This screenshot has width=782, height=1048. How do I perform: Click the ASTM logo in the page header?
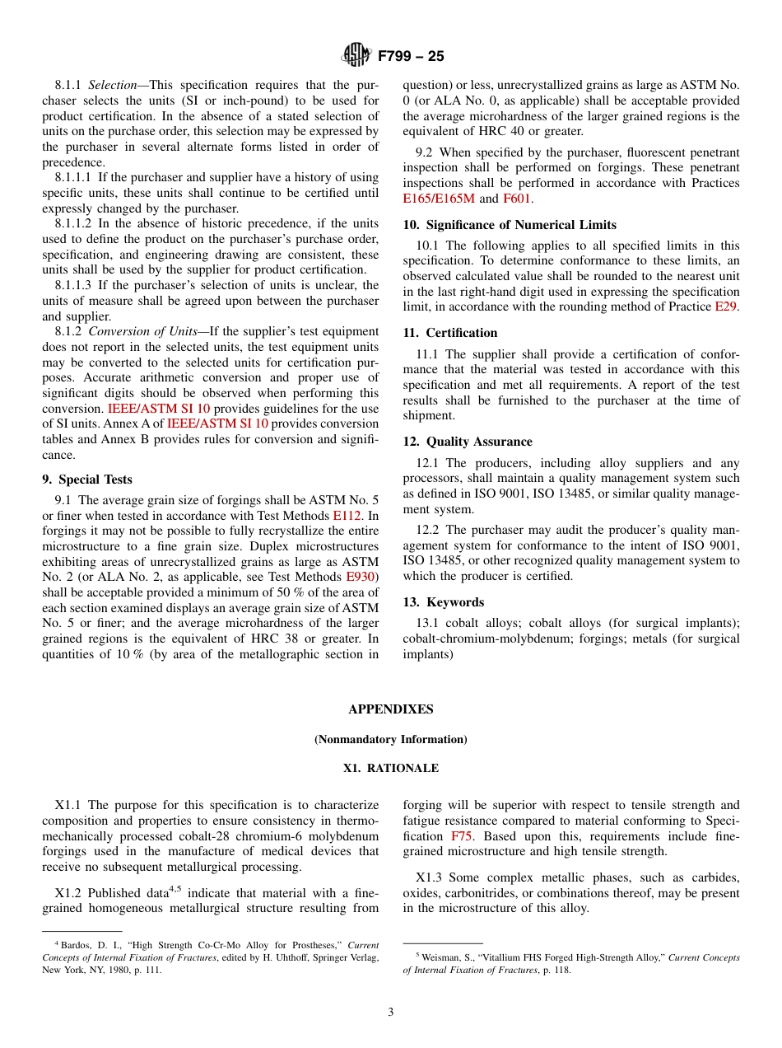pos(356,55)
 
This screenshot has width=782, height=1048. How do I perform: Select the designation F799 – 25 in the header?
pos(411,56)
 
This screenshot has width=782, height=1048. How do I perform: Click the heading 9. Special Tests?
pos(86,480)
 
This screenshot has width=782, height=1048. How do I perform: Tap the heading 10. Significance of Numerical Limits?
pos(509,225)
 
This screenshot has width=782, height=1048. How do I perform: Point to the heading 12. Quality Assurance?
pos(467,442)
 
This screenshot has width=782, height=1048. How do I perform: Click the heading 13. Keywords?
pos(443,602)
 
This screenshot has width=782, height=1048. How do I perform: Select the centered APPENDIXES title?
pos(390,709)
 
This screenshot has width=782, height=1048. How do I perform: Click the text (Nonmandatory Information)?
pos(390,739)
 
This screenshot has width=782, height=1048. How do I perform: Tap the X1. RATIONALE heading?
pos(390,768)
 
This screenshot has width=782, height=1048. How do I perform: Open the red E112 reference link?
pos(347,516)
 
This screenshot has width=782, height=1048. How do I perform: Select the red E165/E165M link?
pos(438,199)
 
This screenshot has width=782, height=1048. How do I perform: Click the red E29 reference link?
pos(726,306)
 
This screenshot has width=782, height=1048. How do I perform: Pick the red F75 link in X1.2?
pos(462,836)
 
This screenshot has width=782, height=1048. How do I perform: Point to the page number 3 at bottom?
pos(391,1012)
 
